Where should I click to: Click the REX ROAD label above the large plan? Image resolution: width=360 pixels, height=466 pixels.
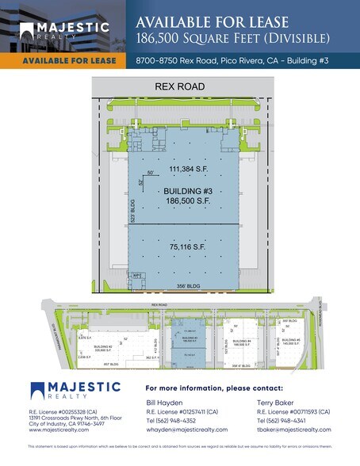(x=180, y=86)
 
